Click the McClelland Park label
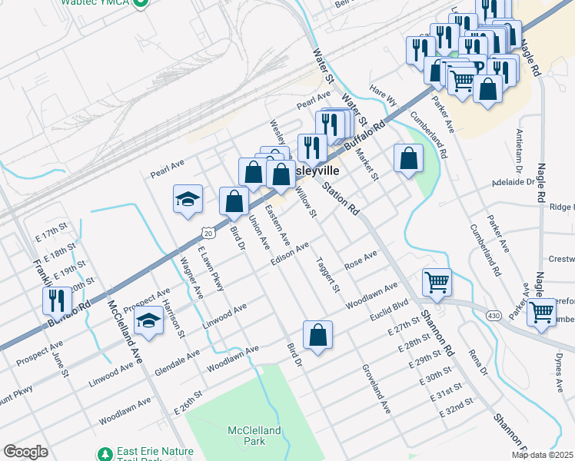(254, 436)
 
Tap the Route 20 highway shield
(208, 231)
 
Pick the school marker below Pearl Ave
(188, 200)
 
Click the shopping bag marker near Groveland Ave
(317, 335)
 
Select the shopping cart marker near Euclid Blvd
(437, 282)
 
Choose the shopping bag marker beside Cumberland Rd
(409, 158)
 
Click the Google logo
(25, 452)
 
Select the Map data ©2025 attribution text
(542, 455)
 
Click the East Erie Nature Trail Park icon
(105, 454)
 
